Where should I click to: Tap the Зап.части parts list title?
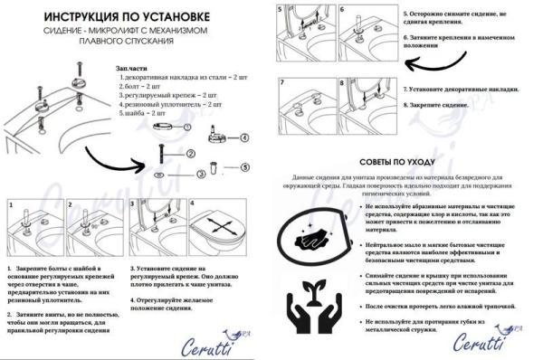(x=133, y=69)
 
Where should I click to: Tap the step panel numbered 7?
(x=308, y=107)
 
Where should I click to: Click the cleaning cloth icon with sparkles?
(x=317, y=232)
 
